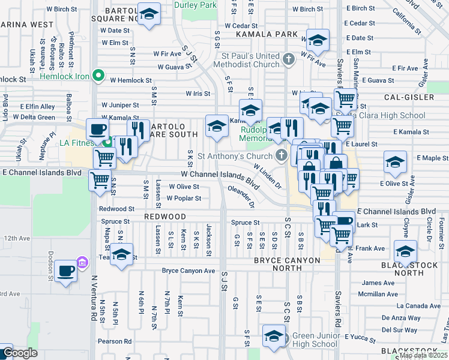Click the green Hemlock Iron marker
pos(100,77)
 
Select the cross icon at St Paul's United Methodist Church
pos(289,59)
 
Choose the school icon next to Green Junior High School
pos(274,337)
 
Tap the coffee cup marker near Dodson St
pos(65,271)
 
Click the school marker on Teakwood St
pos(121,254)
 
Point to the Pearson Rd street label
pos(115,341)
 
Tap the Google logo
pos(20,353)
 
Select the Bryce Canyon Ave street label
pos(188,271)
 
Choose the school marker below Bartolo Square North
pos(148,14)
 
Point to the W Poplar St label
pos(184,198)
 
